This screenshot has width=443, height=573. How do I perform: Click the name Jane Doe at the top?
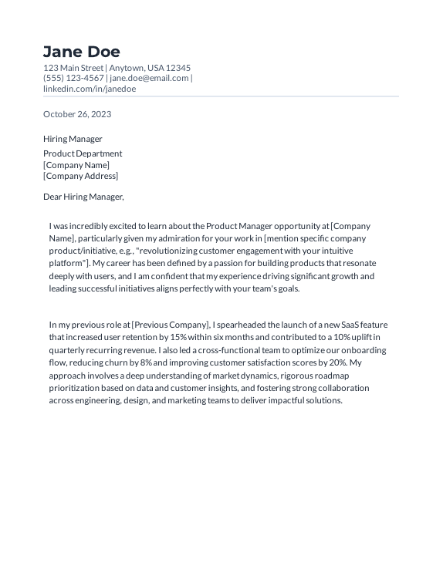(82, 52)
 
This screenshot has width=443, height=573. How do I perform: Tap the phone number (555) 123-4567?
(73, 78)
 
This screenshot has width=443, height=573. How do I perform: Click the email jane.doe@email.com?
(149, 78)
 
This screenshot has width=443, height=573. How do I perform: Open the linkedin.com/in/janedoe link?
(90, 89)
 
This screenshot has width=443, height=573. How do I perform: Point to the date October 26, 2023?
(77, 114)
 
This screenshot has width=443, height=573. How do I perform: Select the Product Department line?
(83, 153)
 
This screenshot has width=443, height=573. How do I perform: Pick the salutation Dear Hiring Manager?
(83, 197)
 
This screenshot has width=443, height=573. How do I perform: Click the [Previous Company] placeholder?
(170, 325)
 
